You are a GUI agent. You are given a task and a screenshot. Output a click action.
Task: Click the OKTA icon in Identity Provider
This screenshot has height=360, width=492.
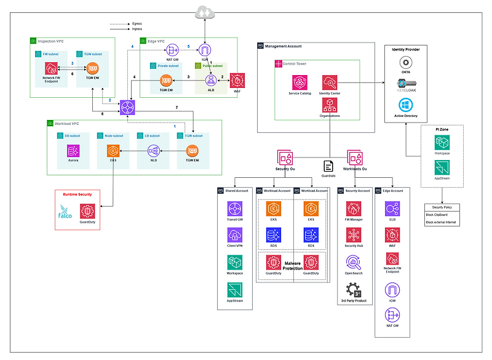tap(405, 63)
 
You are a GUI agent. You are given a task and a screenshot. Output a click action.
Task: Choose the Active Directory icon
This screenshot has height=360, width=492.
tap(405, 106)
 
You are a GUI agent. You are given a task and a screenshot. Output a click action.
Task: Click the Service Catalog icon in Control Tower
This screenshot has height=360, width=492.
tap(300, 82)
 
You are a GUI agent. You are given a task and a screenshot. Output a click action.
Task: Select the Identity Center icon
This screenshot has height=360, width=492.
tap(330, 82)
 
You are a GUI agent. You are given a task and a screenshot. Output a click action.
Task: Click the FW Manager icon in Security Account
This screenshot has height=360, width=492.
tap(354, 208)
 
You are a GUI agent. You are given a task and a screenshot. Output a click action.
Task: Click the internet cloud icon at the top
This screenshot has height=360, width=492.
tap(202, 12)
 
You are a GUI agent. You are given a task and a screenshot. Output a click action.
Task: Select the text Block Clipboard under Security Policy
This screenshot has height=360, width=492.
tap(437, 215)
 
